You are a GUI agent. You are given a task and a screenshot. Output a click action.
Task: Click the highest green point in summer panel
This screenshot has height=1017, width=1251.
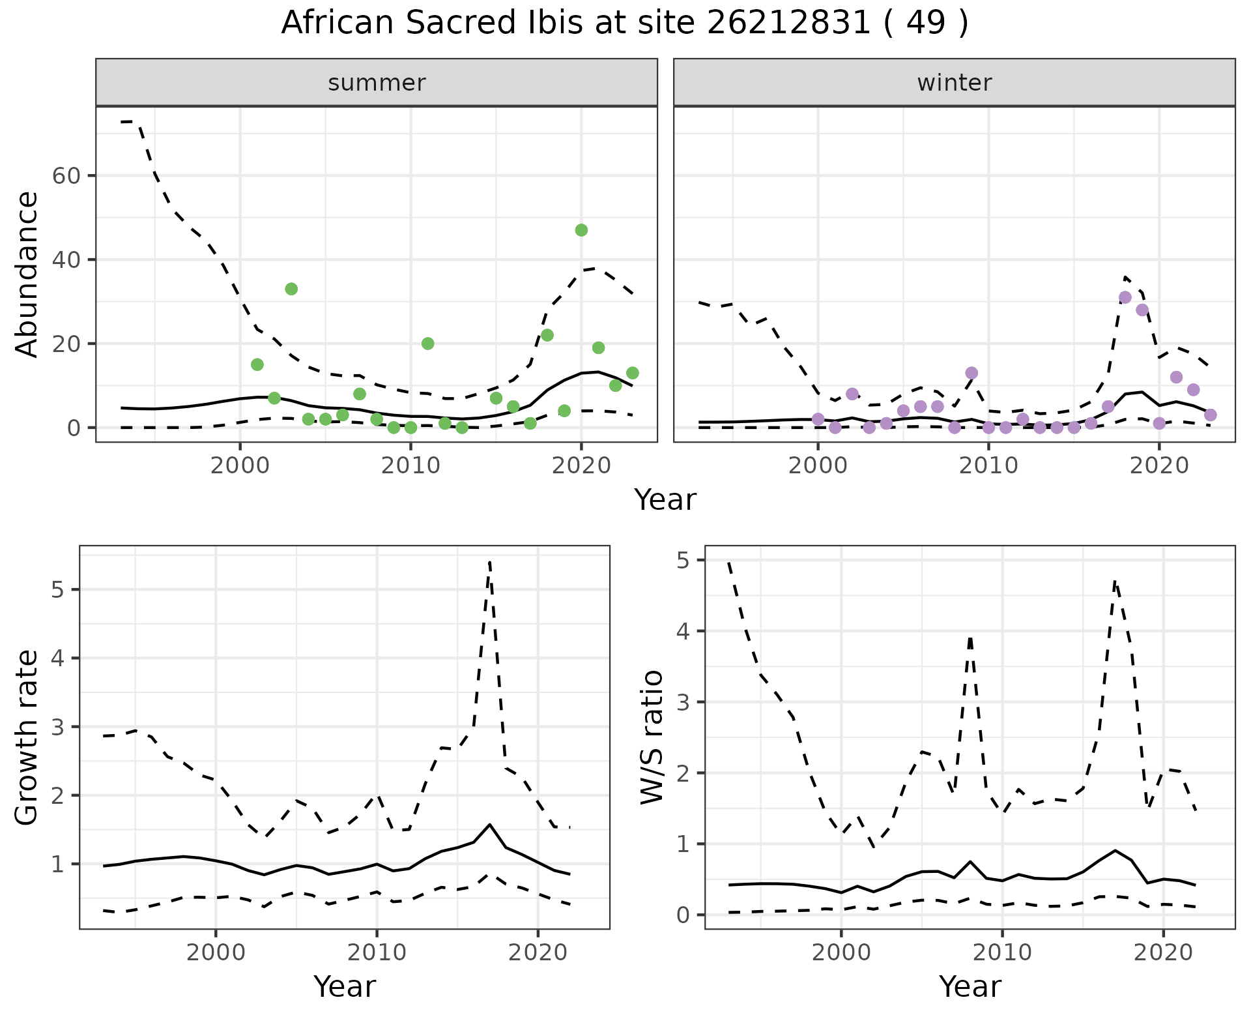point(581,230)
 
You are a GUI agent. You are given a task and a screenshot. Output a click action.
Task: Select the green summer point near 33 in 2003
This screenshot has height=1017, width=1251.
point(291,289)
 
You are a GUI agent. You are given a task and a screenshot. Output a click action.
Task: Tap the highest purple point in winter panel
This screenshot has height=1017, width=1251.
point(1125,297)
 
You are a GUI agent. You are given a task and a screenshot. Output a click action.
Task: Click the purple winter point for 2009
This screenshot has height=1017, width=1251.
point(971,373)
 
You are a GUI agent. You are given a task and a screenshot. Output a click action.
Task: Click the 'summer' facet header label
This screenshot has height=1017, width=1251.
point(377,83)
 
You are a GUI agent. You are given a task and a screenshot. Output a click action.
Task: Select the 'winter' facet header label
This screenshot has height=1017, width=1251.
point(954,83)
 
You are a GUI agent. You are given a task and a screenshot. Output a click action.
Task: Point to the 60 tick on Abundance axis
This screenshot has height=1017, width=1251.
point(65,176)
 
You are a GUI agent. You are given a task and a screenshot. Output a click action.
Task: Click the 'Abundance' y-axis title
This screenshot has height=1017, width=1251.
point(27,274)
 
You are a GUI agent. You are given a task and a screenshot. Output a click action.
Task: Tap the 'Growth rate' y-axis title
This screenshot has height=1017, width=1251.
point(27,737)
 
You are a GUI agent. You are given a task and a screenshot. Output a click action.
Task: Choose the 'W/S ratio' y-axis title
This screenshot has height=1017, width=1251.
point(652,737)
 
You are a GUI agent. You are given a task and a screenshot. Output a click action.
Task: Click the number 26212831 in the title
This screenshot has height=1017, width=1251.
point(788,23)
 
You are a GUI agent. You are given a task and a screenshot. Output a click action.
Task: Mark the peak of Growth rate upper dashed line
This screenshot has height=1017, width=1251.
point(489,562)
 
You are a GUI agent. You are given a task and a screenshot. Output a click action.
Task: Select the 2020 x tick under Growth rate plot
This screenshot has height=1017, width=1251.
point(538,952)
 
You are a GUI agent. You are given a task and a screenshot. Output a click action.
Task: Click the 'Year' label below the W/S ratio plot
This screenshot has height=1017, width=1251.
point(970,986)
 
